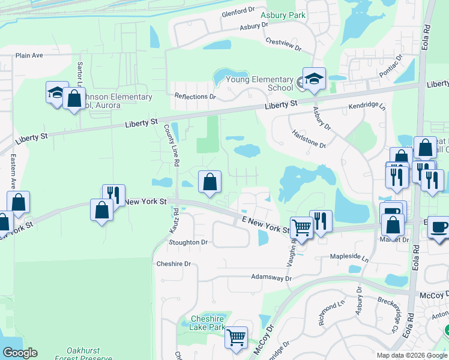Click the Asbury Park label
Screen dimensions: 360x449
pyautogui.click(x=283, y=15)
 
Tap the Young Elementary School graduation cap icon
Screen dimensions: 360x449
pyautogui.click(x=313, y=79)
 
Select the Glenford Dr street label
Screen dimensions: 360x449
pyautogui.click(x=238, y=12)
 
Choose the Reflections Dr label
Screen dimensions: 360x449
pyautogui.click(x=194, y=96)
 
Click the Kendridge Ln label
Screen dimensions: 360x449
pyautogui.click(x=369, y=106)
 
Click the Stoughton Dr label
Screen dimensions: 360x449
pyautogui.click(x=188, y=243)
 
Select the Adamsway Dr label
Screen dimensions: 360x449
pyautogui.click(x=271, y=278)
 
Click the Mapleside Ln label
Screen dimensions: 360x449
pyautogui.click(x=349, y=257)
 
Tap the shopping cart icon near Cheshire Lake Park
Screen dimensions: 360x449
pyautogui.click(x=237, y=338)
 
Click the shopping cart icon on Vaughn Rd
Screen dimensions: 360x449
pyautogui.click(x=301, y=226)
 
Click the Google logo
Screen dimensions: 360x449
pyautogui.click(x=20, y=353)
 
